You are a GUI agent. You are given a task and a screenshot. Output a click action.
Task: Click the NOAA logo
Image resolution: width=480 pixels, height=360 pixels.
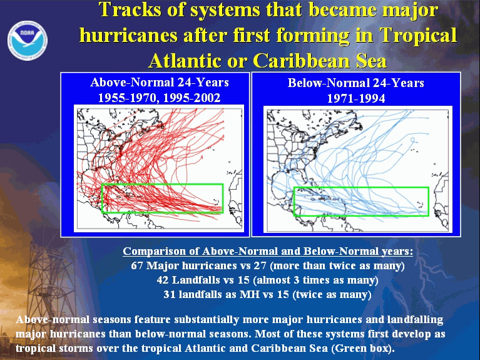pyautogui.click(x=28, y=41)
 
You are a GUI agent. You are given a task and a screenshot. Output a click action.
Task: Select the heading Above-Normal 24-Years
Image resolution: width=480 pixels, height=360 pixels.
pyautogui.click(x=160, y=83)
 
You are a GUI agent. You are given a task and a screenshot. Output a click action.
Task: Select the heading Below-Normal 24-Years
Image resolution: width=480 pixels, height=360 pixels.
pyautogui.click(x=355, y=83)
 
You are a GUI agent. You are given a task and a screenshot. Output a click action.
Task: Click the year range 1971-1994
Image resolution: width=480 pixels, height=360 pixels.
pyautogui.click(x=356, y=99)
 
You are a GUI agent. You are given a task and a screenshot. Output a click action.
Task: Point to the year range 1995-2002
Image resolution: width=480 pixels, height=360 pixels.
pyautogui.click(x=191, y=98)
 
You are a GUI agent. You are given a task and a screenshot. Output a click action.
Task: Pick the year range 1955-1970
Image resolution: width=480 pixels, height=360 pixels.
pyautogui.click(x=127, y=98)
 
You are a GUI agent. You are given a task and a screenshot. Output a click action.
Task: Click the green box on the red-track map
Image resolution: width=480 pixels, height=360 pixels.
pyautogui.click(x=162, y=184)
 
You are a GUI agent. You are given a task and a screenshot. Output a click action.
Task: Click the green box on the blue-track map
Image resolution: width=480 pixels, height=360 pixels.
pyautogui.click(x=361, y=187)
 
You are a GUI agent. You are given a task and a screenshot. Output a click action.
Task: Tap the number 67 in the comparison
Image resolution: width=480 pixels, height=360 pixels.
pyautogui.click(x=137, y=265)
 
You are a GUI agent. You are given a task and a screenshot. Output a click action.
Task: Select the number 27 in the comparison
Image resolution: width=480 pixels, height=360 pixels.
pyautogui.click(x=260, y=265)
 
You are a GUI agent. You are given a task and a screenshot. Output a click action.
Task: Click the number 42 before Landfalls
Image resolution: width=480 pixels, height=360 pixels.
pyautogui.click(x=163, y=280)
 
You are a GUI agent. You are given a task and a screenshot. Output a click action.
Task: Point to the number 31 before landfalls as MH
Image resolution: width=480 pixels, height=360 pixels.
pyautogui.click(x=170, y=294)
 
